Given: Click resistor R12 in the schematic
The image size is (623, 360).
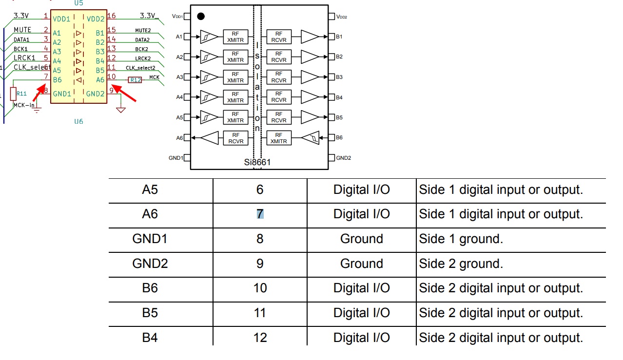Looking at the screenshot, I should (x=135, y=80).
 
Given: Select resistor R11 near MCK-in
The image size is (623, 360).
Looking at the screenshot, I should (x=14, y=94).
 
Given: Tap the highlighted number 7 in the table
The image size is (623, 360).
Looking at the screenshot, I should (x=260, y=214).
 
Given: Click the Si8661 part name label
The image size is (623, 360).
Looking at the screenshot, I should (x=257, y=162).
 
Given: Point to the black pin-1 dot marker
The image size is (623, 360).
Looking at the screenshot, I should (x=200, y=17).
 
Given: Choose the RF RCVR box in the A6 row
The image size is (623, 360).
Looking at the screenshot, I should (x=236, y=138).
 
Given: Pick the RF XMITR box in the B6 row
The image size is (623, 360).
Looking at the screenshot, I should (x=279, y=138).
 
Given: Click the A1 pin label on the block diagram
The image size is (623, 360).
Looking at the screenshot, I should (x=179, y=37).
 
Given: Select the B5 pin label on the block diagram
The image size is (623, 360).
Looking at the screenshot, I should (x=339, y=117).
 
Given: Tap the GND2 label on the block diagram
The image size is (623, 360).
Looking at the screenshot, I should (x=344, y=158).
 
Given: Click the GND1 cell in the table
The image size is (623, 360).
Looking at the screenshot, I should (x=150, y=239).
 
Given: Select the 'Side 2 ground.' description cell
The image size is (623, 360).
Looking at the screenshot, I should (x=461, y=264).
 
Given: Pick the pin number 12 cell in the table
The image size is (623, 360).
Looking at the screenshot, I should (x=260, y=338).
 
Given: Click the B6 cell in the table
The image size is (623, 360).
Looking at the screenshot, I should (x=150, y=288).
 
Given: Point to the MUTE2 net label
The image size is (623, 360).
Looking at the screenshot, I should (x=143, y=31).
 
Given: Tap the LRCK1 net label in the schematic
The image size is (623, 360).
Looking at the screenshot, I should (x=24, y=58).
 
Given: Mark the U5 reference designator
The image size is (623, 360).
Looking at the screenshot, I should (x=78, y=3).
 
